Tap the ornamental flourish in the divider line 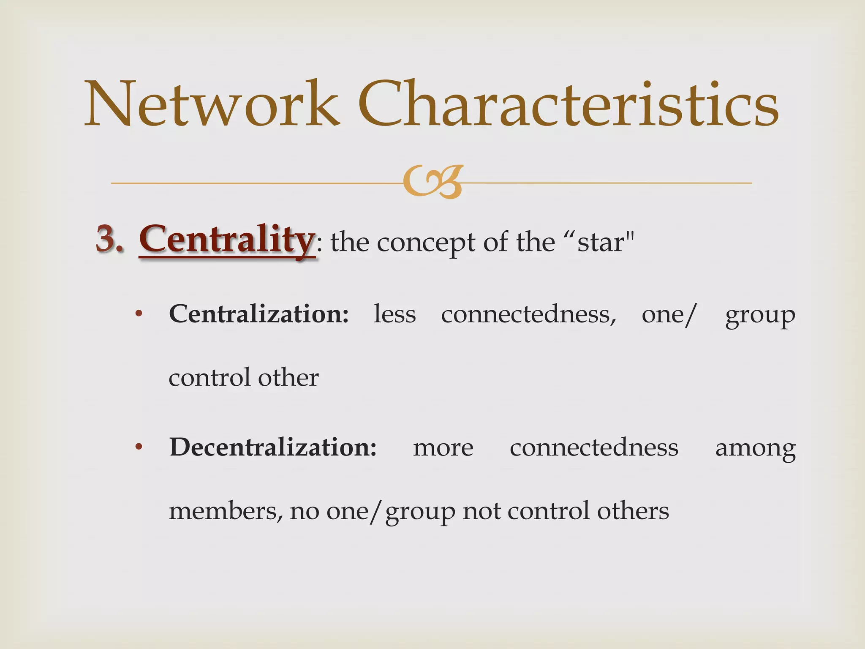pos(432,182)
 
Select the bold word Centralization pos(259,314)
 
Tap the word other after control pos(288,377)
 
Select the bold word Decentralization pos(273,447)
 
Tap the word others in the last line pos(633,511)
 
